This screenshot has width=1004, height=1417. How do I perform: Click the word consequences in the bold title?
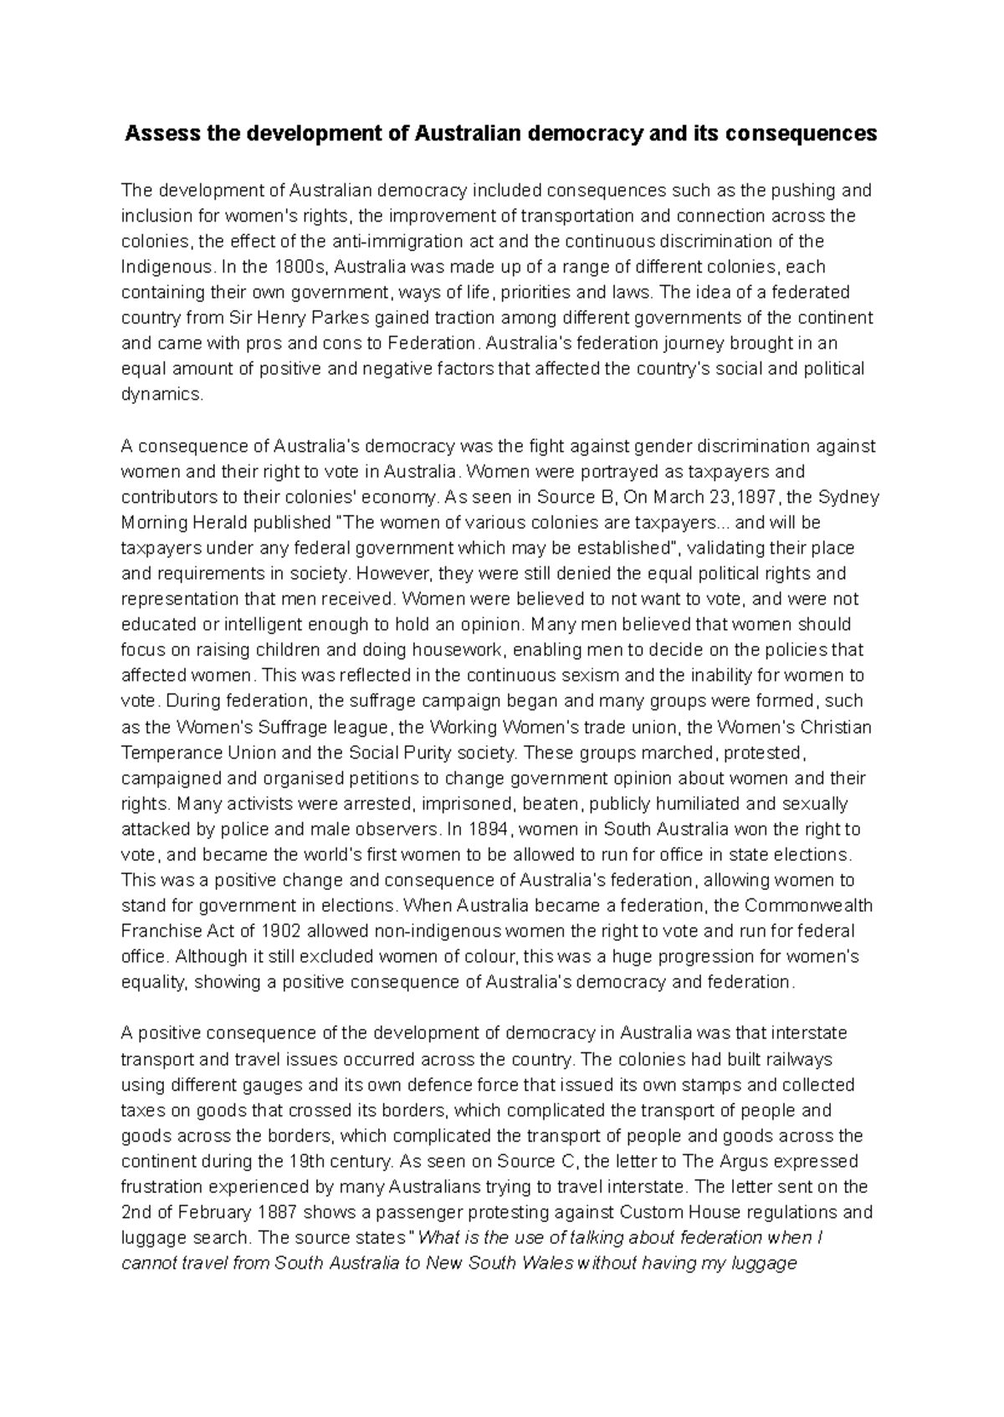pyautogui.click(x=807, y=133)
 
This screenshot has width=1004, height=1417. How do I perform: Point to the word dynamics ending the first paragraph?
pyautogui.click(x=161, y=395)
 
